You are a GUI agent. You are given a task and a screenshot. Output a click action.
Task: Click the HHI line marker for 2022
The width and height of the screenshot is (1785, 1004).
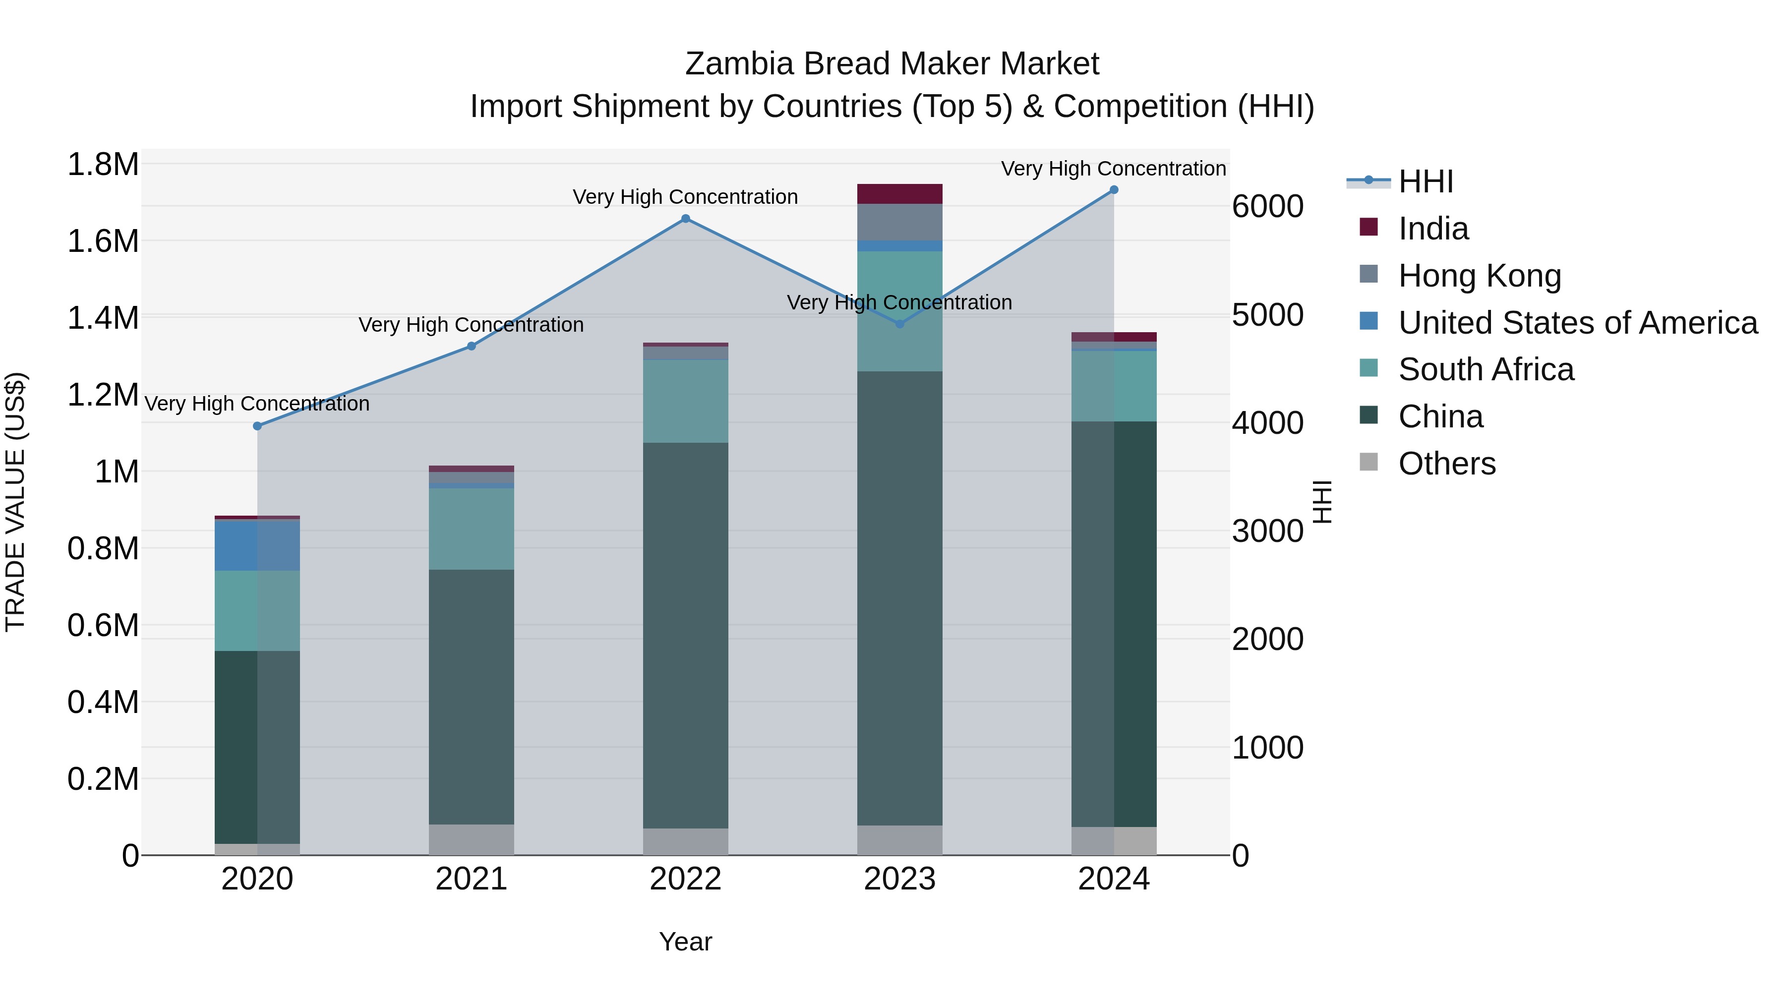[685, 218]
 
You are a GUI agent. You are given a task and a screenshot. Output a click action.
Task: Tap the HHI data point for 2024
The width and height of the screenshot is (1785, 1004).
[1114, 189]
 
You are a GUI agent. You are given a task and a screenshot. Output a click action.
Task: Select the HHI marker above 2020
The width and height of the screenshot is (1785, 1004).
[257, 425]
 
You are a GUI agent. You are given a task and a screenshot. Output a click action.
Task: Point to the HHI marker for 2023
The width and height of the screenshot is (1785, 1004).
[899, 324]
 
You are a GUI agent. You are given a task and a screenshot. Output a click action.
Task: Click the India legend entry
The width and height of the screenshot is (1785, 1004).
[1432, 229]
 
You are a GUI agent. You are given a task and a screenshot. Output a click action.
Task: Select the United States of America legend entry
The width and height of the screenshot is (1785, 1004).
[1577, 323]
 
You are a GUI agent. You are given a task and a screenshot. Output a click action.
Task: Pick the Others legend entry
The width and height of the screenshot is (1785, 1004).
[1446, 464]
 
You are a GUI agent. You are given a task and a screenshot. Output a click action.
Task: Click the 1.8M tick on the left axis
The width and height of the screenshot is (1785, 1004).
[103, 165]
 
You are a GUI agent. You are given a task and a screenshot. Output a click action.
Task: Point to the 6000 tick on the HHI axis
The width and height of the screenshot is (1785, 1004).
[1267, 206]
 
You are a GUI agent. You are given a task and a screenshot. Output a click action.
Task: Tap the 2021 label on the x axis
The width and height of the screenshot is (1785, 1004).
[471, 879]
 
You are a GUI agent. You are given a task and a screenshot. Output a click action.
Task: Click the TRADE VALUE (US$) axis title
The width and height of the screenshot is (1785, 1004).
[15, 502]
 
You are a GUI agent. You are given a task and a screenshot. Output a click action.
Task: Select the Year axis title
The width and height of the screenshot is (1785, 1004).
[685, 942]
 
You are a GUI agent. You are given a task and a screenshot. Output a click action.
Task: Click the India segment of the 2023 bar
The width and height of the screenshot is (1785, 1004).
[899, 194]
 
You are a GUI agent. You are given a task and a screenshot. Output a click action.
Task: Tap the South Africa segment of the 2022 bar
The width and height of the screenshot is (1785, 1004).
[685, 401]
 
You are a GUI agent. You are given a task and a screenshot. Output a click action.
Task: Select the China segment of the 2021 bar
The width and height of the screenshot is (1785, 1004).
[471, 697]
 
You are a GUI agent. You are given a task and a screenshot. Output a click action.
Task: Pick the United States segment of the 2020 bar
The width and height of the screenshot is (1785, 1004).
[257, 545]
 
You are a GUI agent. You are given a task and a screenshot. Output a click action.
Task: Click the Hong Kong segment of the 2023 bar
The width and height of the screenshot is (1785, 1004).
[899, 222]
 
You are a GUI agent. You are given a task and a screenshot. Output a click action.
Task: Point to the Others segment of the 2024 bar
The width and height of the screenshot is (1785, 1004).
[1114, 840]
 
